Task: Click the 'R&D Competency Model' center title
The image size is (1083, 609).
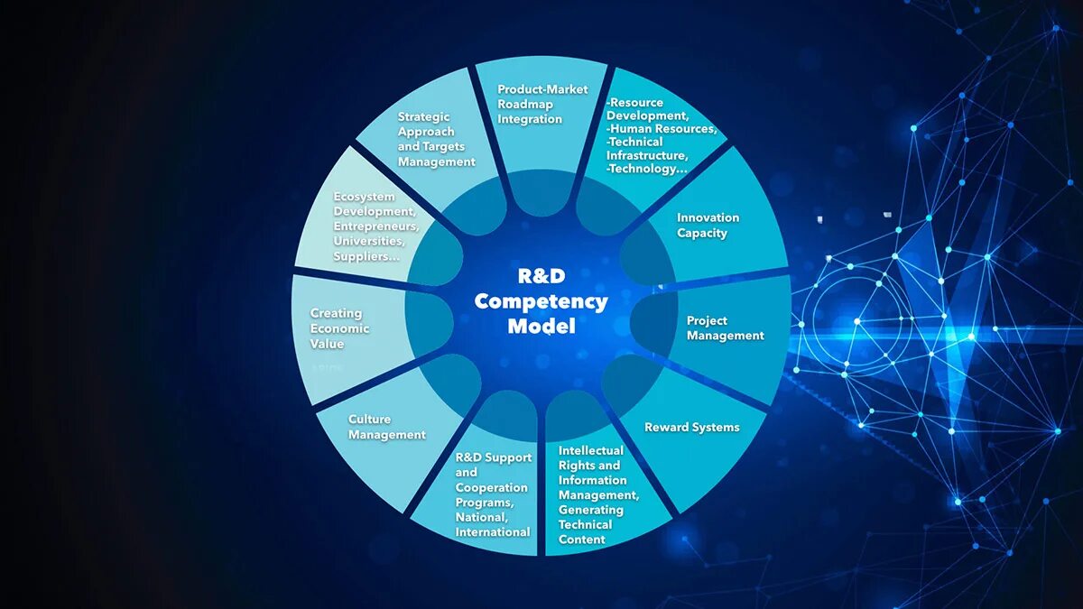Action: [541, 300]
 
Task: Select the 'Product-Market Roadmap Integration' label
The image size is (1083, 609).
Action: [542, 104]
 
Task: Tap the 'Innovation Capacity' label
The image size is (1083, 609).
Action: [708, 226]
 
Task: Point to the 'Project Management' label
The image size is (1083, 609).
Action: [725, 328]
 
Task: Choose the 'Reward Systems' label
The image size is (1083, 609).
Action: [691, 428]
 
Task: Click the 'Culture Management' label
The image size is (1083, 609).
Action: [386, 427]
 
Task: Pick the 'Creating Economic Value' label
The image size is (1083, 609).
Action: [339, 328]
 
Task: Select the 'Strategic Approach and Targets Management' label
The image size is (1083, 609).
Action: [436, 139]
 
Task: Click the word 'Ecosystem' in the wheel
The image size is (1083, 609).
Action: [364, 197]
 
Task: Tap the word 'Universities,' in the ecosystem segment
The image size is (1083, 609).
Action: [369, 241]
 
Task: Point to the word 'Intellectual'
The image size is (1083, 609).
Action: [590, 450]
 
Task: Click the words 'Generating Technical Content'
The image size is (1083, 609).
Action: [590, 524]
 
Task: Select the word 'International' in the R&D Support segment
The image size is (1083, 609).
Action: [492, 532]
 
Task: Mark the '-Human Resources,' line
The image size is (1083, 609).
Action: [662, 128]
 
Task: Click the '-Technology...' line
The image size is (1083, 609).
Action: [646, 169]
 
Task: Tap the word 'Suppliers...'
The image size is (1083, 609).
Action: [366, 256]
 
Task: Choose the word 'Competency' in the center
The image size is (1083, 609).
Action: [541, 301]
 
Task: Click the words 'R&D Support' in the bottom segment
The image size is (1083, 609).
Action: [494, 457]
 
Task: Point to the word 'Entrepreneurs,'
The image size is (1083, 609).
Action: [375, 226]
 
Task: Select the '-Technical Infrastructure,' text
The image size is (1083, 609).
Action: [648, 148]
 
